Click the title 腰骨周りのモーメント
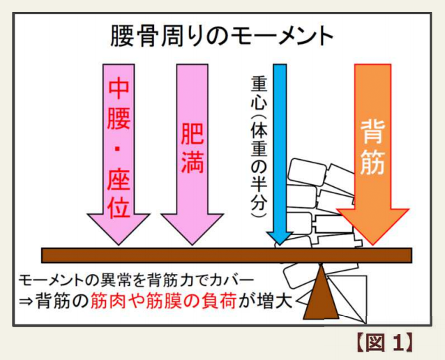tap(222, 36)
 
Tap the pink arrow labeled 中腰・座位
tap(119, 154)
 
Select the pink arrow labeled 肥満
tap(193, 154)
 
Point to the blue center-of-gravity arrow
tap(280, 154)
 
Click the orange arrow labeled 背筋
tap(372, 154)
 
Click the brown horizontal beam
tap(227, 255)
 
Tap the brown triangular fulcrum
tap(321, 295)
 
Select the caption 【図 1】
tap(384, 343)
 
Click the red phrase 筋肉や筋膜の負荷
tap(163, 301)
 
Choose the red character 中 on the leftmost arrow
tap(119, 89)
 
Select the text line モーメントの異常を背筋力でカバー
tap(136, 280)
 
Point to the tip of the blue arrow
tap(280, 245)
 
